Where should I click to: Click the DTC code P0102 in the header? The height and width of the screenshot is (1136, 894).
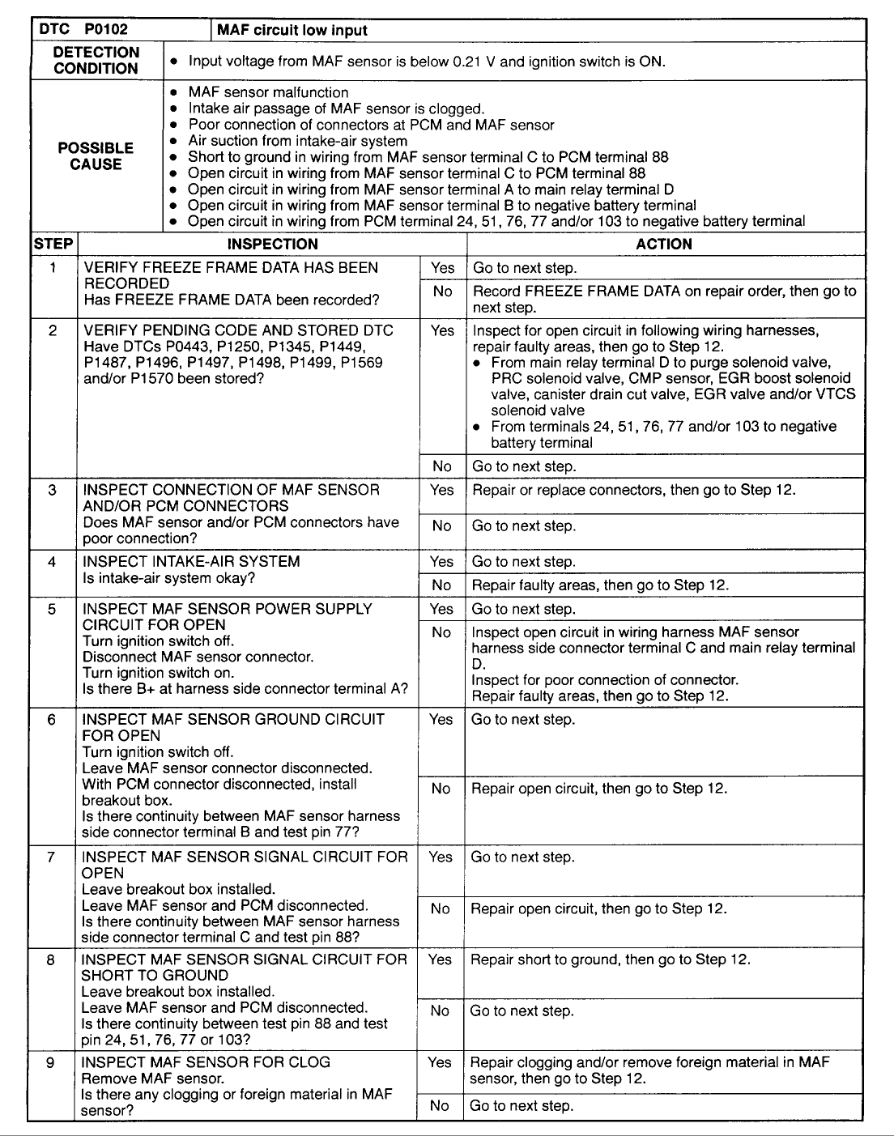click(x=105, y=30)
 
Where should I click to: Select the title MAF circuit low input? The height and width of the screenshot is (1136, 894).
click(x=292, y=31)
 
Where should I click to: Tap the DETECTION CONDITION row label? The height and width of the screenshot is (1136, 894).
click(x=96, y=61)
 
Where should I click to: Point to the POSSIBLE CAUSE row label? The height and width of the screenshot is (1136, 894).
click(x=96, y=156)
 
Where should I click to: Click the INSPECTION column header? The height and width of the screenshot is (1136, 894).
click(x=272, y=245)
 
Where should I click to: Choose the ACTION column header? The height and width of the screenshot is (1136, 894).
click(x=664, y=245)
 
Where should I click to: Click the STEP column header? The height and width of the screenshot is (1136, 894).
click(x=53, y=245)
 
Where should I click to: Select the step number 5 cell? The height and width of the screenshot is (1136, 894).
click(x=52, y=609)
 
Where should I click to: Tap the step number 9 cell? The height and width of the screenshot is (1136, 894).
click(x=50, y=1062)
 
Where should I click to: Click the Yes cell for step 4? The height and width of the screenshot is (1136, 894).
click(x=442, y=562)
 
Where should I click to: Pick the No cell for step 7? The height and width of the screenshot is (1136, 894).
click(x=441, y=909)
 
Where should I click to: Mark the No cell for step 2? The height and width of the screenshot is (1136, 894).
click(x=442, y=466)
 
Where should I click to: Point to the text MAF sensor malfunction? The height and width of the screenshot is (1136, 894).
click(x=268, y=93)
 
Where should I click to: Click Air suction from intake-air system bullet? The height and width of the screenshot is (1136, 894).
click(x=297, y=141)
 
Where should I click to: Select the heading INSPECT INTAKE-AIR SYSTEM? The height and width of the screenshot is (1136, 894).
click(x=191, y=562)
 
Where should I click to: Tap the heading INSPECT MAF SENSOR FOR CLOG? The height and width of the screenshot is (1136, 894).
click(x=206, y=1062)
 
